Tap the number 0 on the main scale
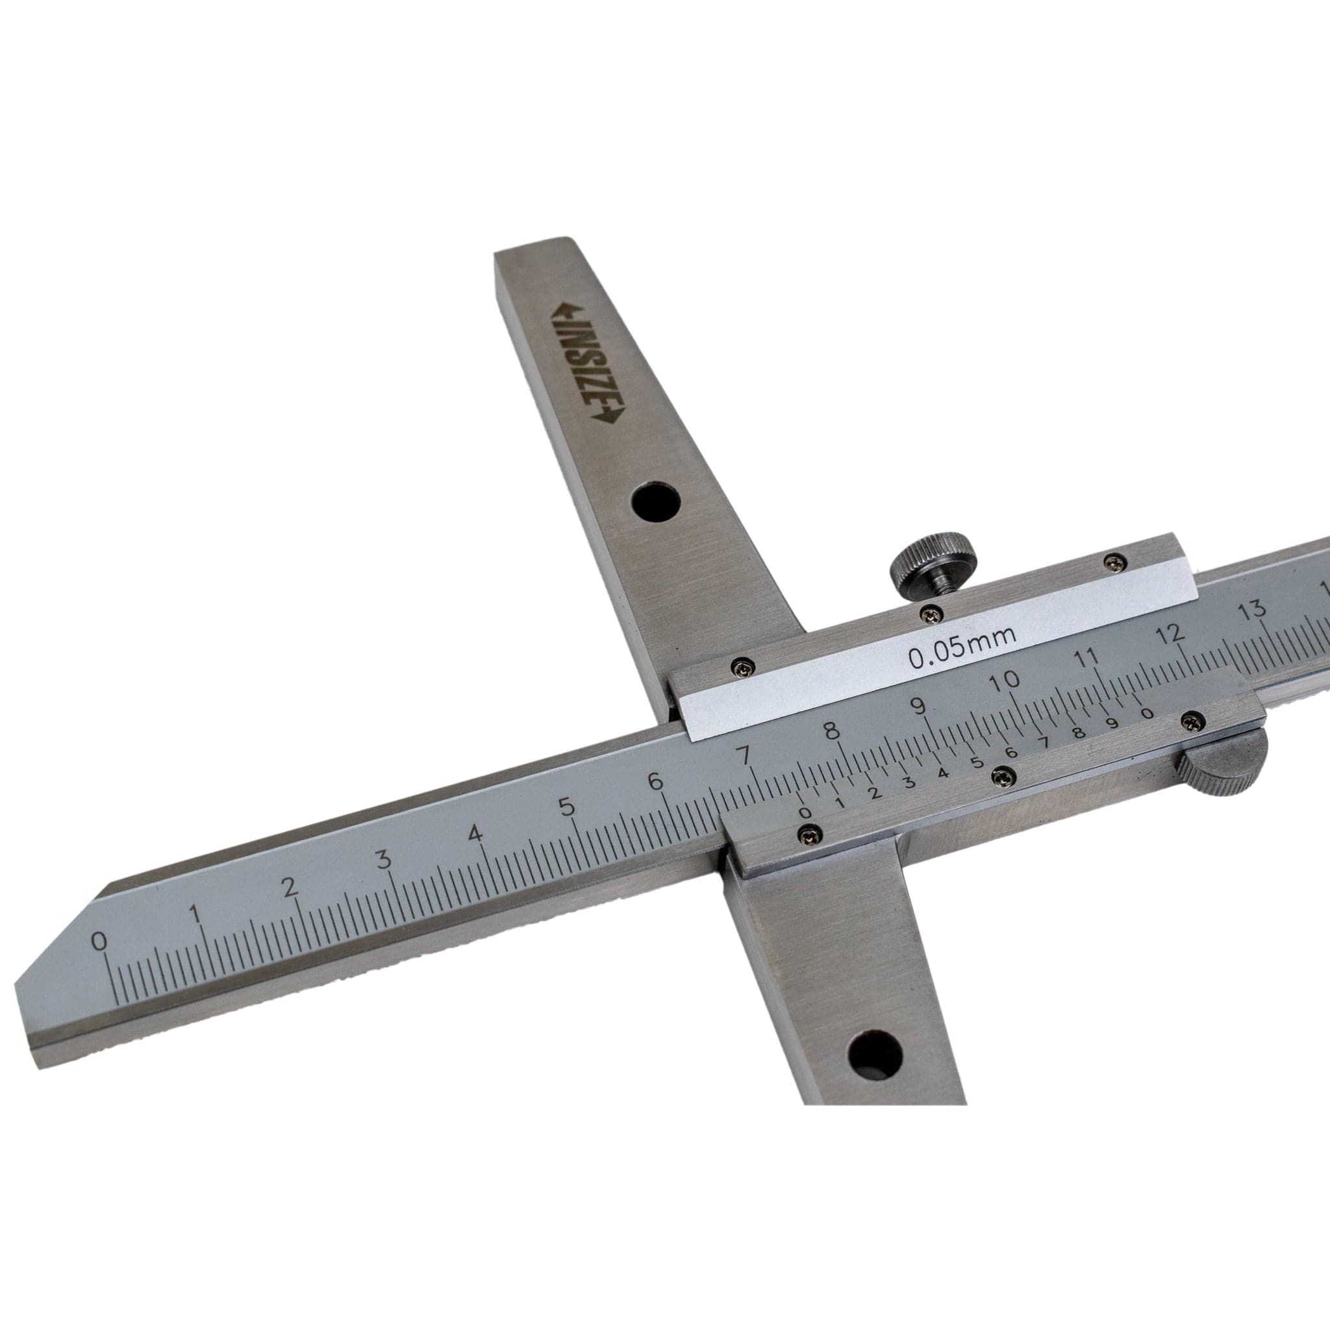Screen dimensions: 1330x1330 click(x=100, y=941)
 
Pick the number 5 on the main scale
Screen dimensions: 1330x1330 click(x=568, y=805)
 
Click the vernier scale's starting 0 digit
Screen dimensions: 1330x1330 click(x=805, y=813)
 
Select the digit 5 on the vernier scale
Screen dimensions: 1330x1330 click(x=975, y=763)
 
